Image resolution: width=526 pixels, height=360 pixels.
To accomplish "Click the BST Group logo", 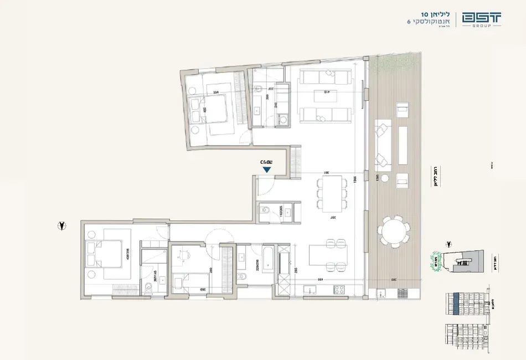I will [x=482, y=18].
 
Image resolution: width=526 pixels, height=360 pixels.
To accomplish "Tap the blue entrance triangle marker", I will [x=267, y=169].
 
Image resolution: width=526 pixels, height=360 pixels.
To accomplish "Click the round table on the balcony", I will [x=395, y=231].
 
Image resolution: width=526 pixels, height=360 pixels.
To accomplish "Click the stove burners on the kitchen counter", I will [x=339, y=290].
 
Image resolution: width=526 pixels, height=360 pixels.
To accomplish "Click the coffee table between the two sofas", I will [x=326, y=96].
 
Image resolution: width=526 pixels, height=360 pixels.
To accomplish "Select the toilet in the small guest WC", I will [x=266, y=209].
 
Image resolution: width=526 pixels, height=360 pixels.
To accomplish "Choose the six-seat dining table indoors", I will [x=329, y=194].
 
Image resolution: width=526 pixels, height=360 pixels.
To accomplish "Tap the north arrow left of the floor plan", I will [x=63, y=225].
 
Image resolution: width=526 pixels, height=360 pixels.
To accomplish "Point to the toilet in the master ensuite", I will [x=148, y=288].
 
